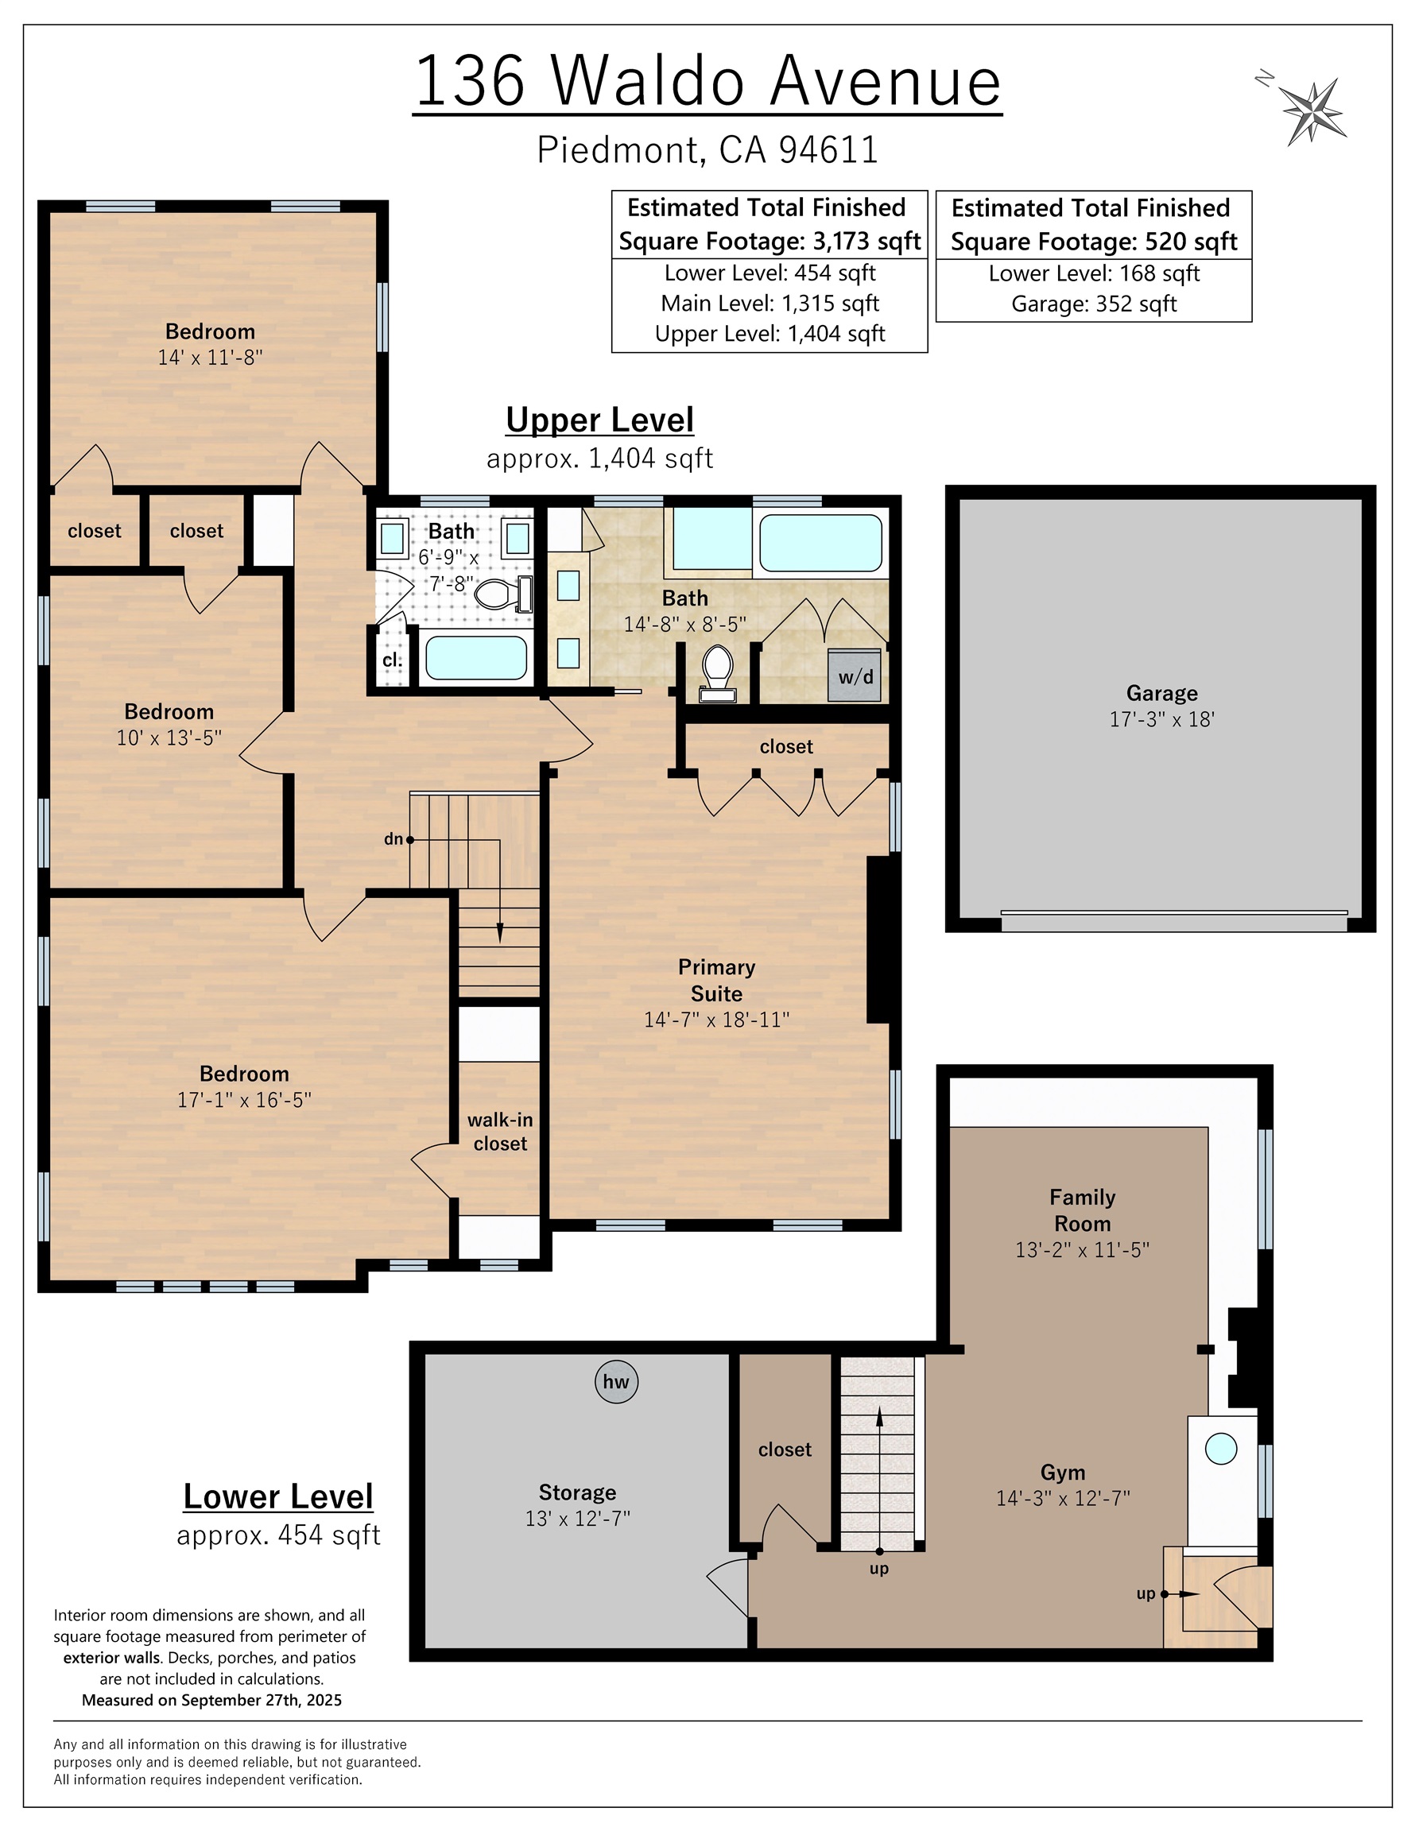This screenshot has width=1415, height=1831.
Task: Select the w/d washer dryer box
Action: tap(855, 675)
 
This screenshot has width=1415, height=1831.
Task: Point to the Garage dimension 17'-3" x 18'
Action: tap(1161, 719)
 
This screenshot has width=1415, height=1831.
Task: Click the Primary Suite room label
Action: tap(716, 980)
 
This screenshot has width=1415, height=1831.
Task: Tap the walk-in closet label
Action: tap(500, 1132)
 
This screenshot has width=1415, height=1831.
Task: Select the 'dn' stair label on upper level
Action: tap(393, 838)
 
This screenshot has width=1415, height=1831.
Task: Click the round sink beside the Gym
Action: tap(1220, 1450)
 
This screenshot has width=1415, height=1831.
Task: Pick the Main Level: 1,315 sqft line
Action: tap(770, 303)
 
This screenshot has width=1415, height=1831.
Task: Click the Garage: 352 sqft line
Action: tap(1093, 304)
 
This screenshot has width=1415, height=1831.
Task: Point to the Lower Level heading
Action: tap(277, 1496)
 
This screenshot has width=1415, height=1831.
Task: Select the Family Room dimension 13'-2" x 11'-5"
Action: tap(1082, 1249)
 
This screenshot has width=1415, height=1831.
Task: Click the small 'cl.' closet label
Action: tap(392, 660)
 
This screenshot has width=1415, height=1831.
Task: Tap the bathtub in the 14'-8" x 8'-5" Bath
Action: tap(820, 544)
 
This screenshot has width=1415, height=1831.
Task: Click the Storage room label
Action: tap(577, 1492)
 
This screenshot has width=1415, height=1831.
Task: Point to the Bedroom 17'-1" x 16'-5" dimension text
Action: tap(244, 1100)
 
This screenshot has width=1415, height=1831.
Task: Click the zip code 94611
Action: tap(828, 150)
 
